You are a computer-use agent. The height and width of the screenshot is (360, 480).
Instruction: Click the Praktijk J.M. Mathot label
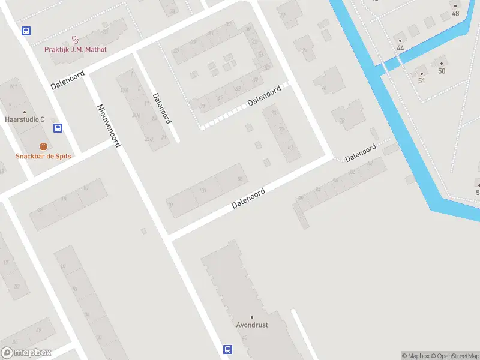(76, 49)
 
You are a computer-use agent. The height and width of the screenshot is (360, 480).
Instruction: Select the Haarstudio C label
(25, 119)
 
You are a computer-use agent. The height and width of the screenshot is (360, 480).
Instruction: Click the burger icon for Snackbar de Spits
(43, 146)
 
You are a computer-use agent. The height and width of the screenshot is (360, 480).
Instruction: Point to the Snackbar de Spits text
(43, 156)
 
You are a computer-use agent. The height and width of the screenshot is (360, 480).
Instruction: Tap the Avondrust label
(252, 325)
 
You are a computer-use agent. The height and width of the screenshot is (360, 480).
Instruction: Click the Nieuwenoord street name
(109, 125)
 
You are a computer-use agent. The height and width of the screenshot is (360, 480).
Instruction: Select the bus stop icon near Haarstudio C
(58, 128)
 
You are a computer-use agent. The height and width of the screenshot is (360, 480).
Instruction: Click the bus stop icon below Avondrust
(228, 349)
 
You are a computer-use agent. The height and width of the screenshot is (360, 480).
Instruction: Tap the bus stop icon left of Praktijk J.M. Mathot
(26, 31)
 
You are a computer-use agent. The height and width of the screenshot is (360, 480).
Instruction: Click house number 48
(455, 14)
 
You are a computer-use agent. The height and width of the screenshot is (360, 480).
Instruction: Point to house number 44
(400, 48)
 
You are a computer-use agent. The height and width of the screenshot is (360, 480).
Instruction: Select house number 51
(421, 81)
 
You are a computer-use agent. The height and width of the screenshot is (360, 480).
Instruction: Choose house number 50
(442, 71)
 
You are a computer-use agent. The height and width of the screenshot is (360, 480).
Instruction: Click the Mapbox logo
(26, 353)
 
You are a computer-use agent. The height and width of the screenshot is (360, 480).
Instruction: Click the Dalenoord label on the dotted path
(264, 96)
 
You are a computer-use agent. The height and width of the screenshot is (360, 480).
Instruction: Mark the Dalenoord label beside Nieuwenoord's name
(162, 108)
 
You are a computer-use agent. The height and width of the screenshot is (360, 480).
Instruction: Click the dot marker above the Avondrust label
(252, 317)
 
